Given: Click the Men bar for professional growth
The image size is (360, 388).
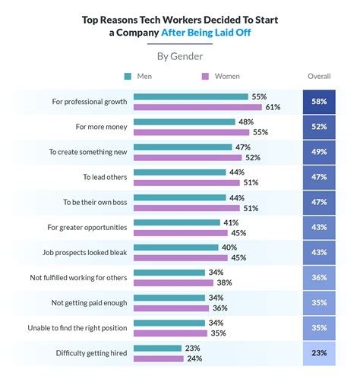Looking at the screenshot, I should tap(191, 96).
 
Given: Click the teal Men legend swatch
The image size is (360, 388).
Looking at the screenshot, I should tap(128, 76).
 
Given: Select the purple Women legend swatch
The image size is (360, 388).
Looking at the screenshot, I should tap(204, 76).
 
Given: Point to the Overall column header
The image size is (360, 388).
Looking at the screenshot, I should tap(318, 76).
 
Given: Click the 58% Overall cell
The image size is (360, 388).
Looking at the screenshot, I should tap(318, 102).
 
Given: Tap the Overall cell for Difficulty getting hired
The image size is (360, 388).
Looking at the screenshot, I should tap(318, 353).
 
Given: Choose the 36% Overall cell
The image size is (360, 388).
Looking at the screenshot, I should tap(318, 278).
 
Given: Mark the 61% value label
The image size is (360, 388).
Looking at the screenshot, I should tap(273, 107).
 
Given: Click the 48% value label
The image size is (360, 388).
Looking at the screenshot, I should tap(245, 121).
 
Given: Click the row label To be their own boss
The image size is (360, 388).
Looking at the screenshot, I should tap(95, 202).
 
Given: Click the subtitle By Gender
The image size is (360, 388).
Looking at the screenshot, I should tap(180, 55).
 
